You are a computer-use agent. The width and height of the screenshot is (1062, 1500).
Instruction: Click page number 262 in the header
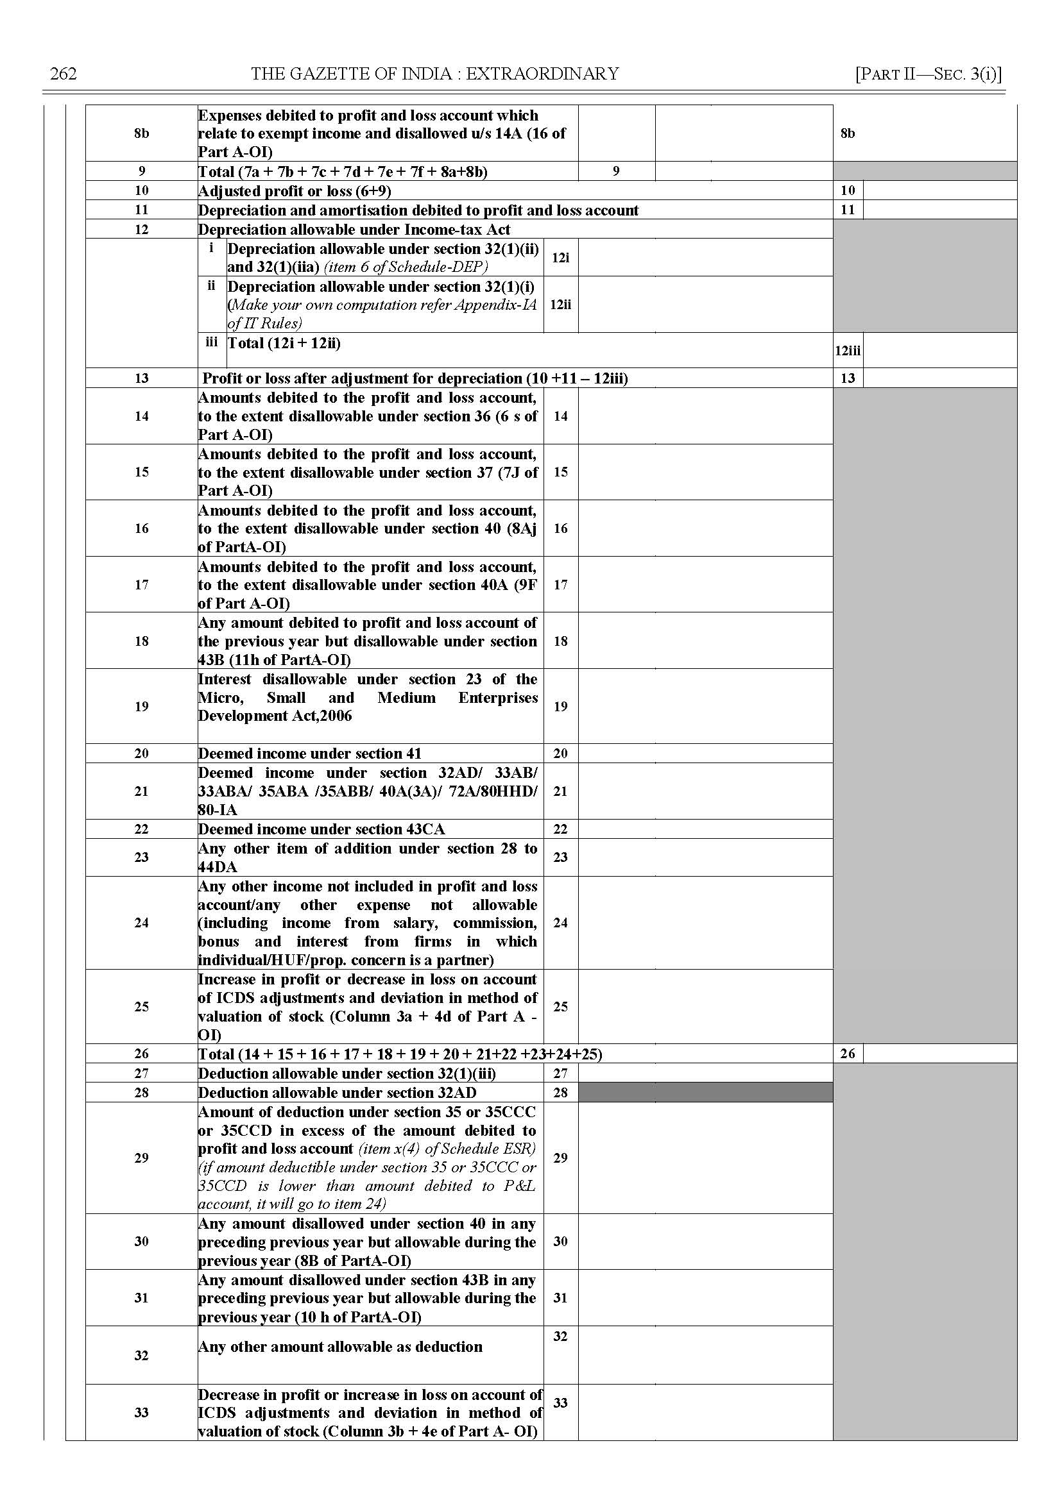[x=64, y=74]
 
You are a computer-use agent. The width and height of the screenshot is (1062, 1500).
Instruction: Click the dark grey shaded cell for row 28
[x=705, y=1092]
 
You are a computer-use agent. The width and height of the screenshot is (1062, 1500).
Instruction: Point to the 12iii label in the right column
[x=848, y=351]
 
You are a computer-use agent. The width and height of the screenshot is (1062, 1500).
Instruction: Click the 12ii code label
[x=560, y=305]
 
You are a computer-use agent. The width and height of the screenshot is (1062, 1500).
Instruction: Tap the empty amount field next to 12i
[x=705, y=258]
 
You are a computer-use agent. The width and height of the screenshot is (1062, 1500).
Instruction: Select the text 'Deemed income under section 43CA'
[x=321, y=829]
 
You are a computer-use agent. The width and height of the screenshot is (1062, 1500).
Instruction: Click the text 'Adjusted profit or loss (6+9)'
[x=295, y=191]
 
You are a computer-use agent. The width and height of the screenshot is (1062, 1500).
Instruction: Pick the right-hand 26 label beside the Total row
[x=848, y=1054]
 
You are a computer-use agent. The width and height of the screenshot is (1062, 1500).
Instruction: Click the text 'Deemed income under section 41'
[x=309, y=754]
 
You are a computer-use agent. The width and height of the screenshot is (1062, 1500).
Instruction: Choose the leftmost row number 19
[x=141, y=707]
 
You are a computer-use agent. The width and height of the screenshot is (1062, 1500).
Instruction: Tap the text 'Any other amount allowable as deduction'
[x=340, y=1346]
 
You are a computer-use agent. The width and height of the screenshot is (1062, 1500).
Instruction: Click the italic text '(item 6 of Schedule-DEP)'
[x=406, y=267]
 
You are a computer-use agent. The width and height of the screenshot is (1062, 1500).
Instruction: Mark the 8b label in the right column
[x=848, y=133]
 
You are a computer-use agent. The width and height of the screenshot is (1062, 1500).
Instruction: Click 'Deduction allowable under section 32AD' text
[x=337, y=1093]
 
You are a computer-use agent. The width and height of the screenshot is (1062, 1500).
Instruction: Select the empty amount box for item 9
[x=743, y=171]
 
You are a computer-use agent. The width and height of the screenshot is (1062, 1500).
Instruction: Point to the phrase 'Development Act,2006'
[x=275, y=716]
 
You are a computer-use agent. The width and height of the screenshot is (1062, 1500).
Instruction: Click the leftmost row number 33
[x=141, y=1413]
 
